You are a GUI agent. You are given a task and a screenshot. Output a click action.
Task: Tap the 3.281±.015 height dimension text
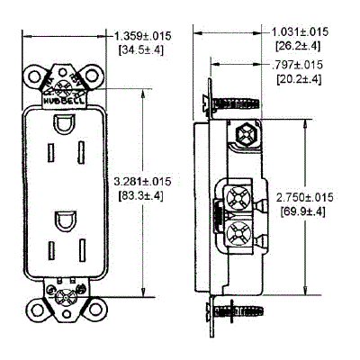point(149,181)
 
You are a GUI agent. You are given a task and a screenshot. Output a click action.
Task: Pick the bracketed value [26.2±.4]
point(303,43)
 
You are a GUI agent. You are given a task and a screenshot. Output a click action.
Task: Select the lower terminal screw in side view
point(241,237)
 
